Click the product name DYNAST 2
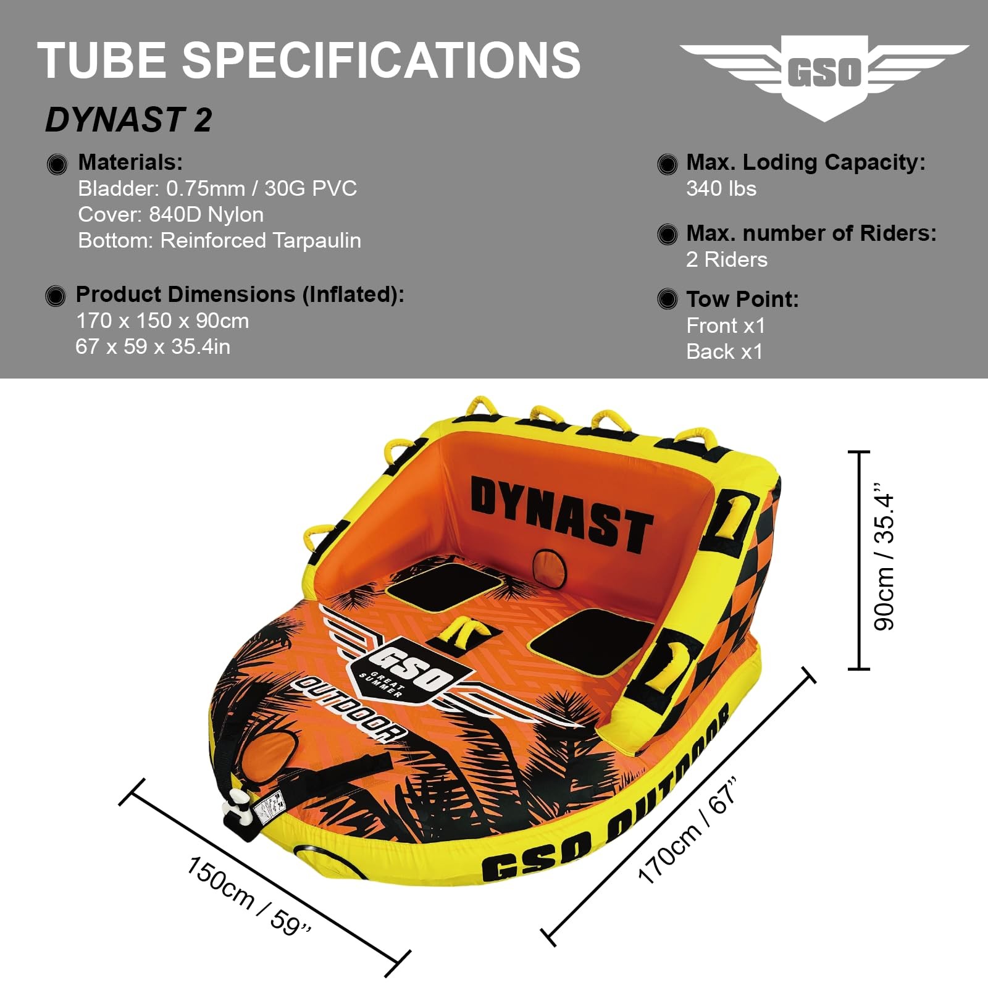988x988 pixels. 128,120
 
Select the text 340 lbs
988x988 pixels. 721,188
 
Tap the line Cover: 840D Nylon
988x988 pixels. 170,214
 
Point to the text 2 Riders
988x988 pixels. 727,259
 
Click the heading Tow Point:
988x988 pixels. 742,299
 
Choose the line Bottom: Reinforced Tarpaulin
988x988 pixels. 219,240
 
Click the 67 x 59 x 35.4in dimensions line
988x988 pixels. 153,346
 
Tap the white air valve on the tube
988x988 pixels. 239,809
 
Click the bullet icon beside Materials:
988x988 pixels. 57,164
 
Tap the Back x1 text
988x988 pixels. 724,351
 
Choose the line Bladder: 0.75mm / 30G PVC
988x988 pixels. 217,188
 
